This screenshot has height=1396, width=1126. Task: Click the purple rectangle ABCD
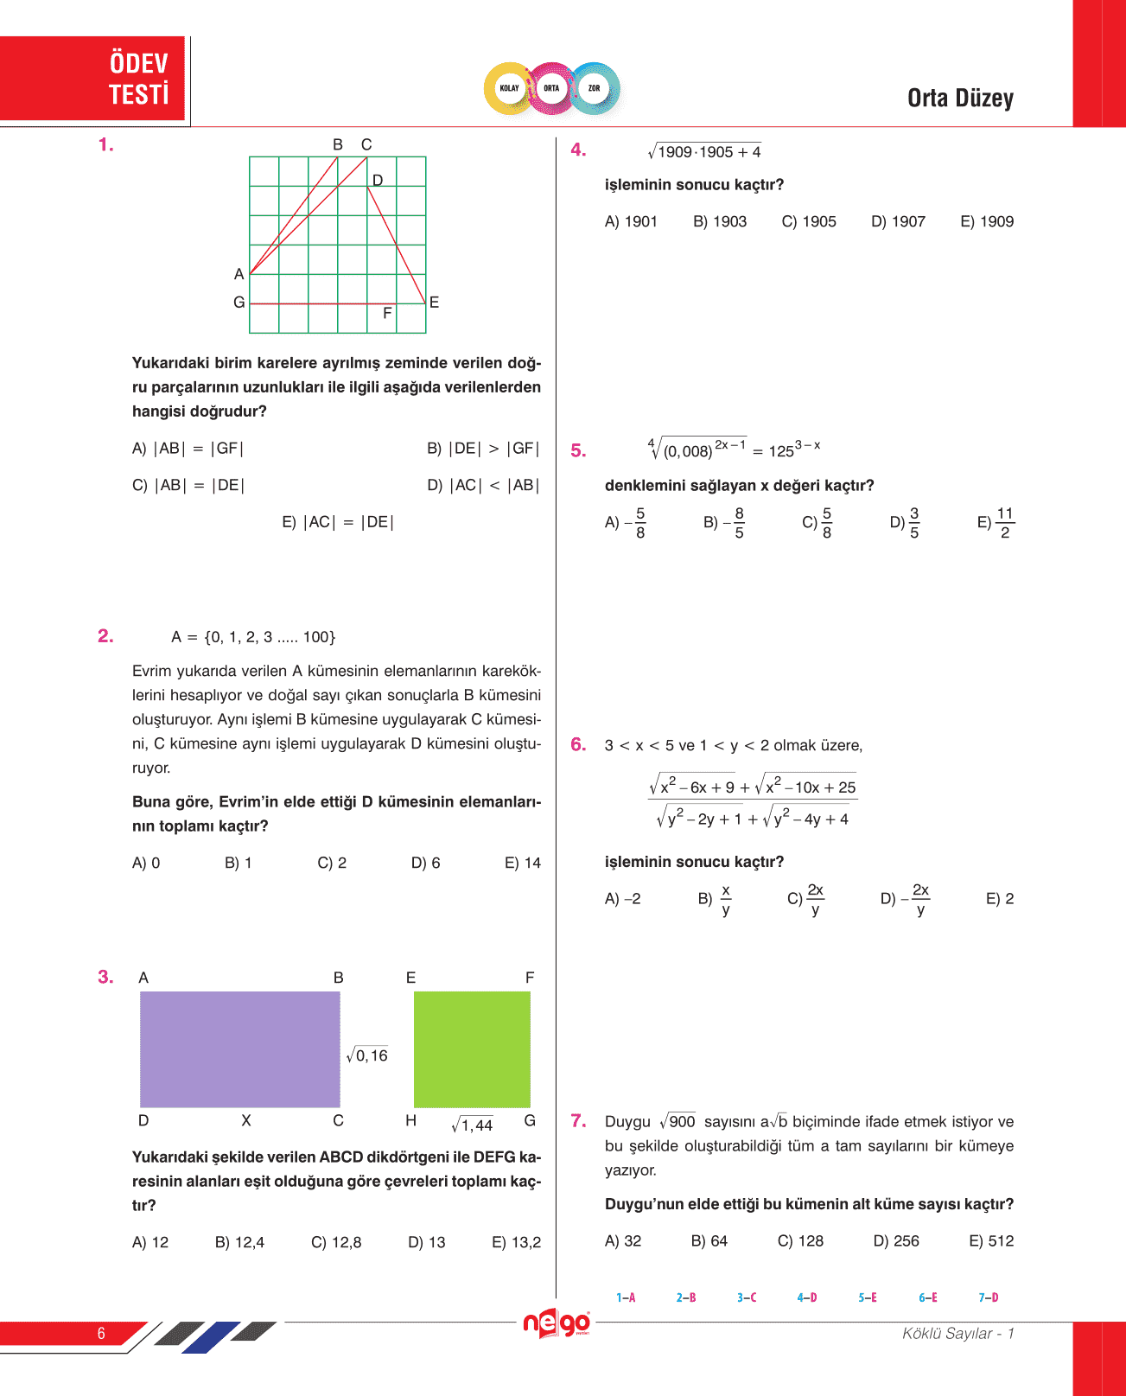(239, 1049)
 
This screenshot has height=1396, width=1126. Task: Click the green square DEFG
(472, 1049)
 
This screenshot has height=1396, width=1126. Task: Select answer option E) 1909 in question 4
(987, 221)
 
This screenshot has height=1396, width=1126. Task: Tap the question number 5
(578, 450)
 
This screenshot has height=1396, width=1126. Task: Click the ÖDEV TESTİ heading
(138, 79)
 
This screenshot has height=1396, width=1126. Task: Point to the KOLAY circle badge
(510, 88)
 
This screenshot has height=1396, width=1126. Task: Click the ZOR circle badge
(594, 88)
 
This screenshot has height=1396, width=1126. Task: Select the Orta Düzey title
(960, 99)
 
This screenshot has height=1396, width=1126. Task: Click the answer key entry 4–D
(807, 1297)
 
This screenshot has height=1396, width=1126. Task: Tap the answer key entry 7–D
(989, 1297)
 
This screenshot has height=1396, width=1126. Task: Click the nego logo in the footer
(557, 1323)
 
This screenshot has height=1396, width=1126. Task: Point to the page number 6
(101, 1333)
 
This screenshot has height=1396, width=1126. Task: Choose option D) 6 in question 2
(425, 863)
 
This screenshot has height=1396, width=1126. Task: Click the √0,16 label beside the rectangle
(367, 1055)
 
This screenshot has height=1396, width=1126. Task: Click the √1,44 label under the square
(472, 1125)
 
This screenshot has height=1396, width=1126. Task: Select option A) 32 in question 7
(623, 1241)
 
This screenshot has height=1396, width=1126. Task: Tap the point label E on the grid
(434, 302)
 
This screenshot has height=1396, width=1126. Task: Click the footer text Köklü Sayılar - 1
(957, 1333)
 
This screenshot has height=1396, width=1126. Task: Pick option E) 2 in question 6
(1000, 899)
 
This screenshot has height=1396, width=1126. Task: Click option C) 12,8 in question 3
(336, 1242)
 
